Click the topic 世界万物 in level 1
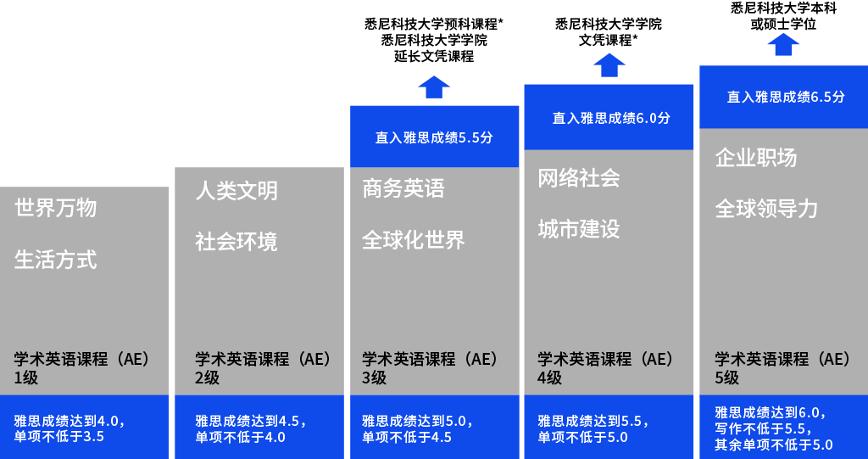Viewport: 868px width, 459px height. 55,208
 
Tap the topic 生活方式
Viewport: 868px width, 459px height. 55,260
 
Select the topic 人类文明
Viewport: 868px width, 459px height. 236,191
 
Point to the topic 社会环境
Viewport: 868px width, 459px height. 236,242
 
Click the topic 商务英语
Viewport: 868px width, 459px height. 403,188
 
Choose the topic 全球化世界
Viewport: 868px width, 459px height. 414,240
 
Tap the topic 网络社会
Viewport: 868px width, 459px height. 579,178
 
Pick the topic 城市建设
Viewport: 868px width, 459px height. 579,229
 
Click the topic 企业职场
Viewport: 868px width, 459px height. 756,158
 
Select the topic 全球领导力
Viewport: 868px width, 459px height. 766,209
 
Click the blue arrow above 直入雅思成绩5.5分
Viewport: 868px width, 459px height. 434,87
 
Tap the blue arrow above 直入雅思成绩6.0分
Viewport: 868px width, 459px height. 609,65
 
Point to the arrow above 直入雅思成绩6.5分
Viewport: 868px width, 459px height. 783,44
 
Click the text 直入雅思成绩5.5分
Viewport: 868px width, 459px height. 434,137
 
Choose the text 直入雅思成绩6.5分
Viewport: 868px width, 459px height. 786,97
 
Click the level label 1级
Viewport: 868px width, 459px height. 26,378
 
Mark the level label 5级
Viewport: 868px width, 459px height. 726,378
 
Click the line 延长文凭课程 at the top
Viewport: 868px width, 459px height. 434,56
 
